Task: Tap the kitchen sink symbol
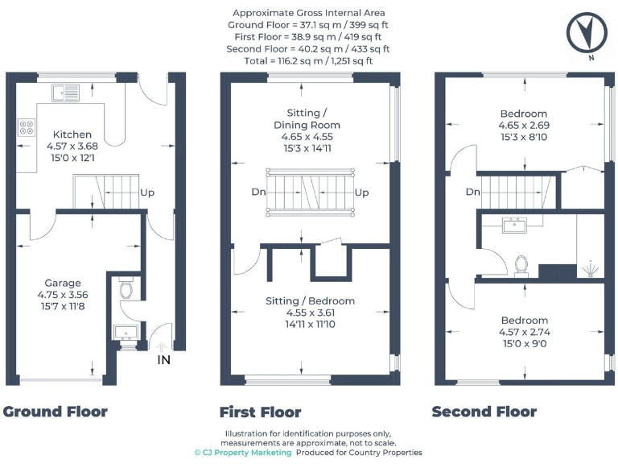pos(64,92)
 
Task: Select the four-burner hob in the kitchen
pos(27,127)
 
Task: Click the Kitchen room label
pos(72,134)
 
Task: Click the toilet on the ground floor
pos(124,288)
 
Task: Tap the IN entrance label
pos(164,359)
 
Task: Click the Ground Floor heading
pos(55,412)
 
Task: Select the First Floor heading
pos(260,412)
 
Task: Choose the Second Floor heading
pos(484,412)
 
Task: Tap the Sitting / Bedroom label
pos(310,301)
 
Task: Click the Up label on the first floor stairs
pos(361,193)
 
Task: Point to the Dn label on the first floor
pos(258,193)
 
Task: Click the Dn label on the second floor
pos(473,193)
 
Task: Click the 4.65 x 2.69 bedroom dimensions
pos(523,126)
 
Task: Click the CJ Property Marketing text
pos(243,453)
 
